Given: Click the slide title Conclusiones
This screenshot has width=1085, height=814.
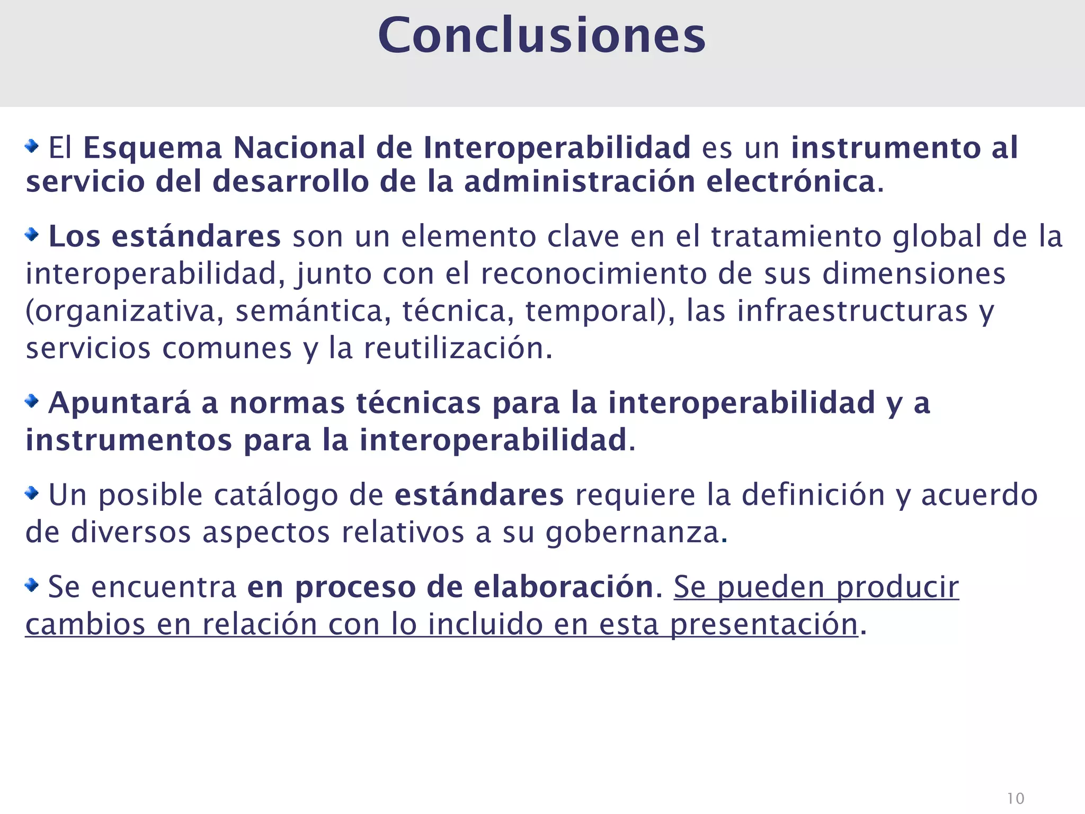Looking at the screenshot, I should pos(541,36).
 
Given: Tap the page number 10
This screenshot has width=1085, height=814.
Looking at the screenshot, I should pos(1015,798).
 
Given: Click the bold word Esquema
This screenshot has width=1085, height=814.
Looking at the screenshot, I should pos(153,148).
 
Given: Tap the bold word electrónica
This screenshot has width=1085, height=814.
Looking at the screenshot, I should pos(791,182).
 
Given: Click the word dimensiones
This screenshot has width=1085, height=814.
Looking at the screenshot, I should pos(914,274).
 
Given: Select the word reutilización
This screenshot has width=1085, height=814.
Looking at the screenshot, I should pos(454,349).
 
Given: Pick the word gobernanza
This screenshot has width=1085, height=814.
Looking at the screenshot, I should pos(633,533).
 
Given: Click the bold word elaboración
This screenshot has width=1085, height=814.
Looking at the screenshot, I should pos(564,587).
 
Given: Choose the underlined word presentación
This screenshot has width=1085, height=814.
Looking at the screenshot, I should pos(764,625).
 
